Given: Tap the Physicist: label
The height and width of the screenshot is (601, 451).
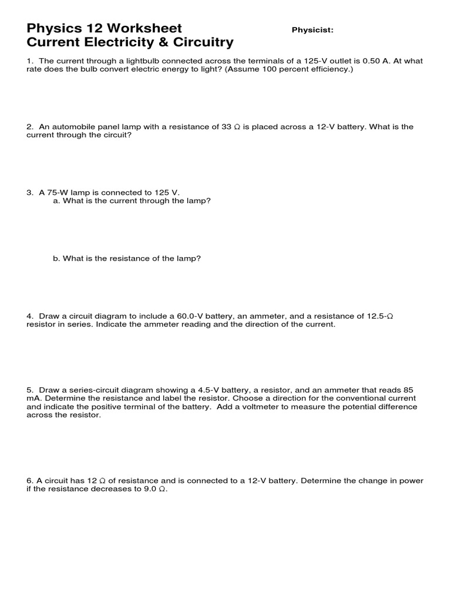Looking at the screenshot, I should coord(312,31).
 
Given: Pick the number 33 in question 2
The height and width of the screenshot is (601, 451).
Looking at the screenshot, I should coord(227,127).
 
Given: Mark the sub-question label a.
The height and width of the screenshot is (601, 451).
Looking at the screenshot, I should coord(56,201).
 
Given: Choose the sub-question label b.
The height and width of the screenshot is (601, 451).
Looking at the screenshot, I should coord(56,258).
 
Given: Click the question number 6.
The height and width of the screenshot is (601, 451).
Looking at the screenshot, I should coord(29,481).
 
